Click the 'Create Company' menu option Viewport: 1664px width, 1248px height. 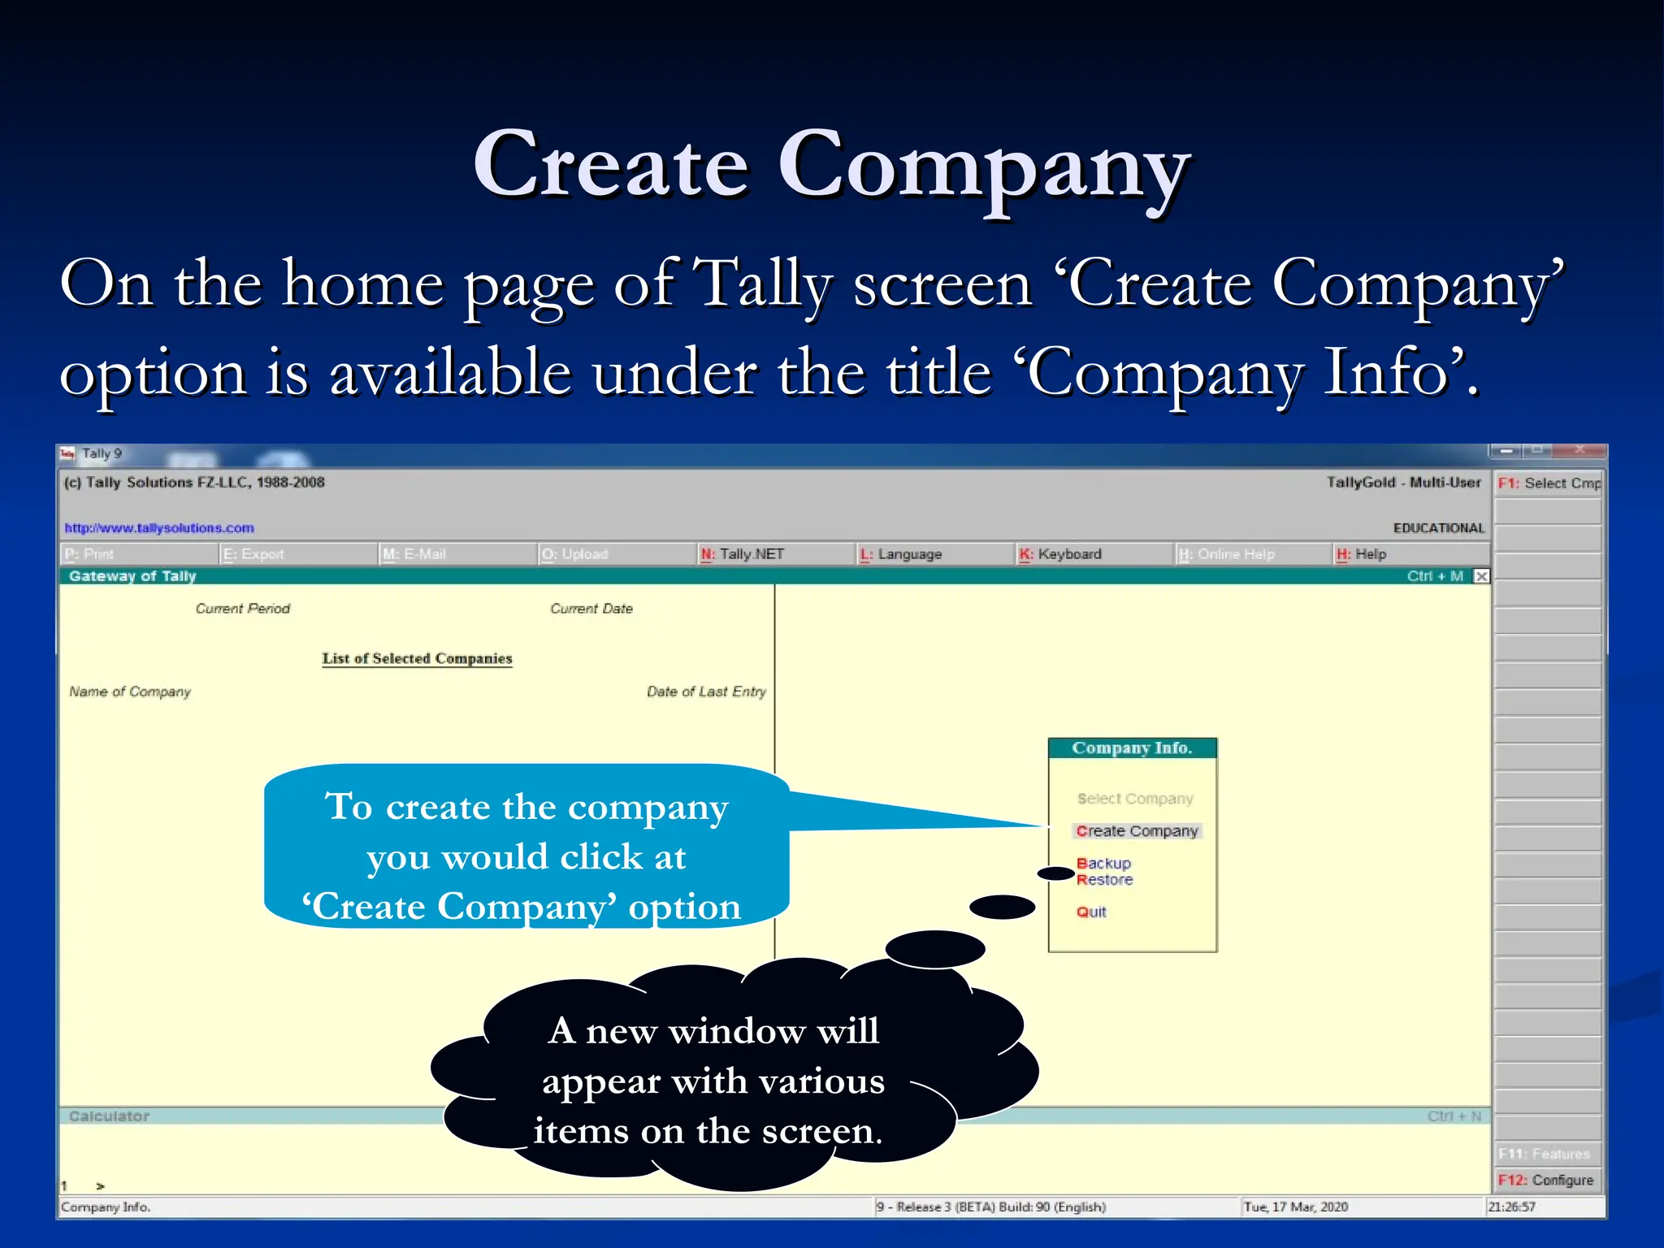[x=1136, y=831]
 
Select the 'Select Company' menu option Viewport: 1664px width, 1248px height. [x=1134, y=799]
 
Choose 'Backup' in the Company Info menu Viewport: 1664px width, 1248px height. [x=1103, y=863]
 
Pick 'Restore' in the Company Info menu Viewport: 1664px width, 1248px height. [x=1104, y=880]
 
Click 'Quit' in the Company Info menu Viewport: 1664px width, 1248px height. [x=1091, y=912]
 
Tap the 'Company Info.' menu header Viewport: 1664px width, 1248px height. [x=1132, y=748]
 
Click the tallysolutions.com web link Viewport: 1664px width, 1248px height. [x=159, y=528]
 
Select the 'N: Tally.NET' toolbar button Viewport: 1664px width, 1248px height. [x=743, y=554]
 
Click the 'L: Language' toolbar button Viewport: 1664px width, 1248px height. [x=901, y=554]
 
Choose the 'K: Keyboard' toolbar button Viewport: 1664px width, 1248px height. [x=1060, y=554]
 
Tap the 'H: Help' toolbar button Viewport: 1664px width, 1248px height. [x=1362, y=554]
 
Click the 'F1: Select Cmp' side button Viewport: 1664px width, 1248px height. [x=1549, y=483]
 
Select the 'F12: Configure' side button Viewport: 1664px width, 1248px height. [x=1545, y=1180]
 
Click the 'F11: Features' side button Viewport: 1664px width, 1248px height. [x=1544, y=1154]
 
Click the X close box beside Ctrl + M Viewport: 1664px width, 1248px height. [x=1482, y=576]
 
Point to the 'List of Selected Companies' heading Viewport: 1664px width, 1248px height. [x=417, y=658]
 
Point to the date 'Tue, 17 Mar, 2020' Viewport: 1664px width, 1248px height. [x=1295, y=1207]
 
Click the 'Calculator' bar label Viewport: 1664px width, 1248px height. [x=109, y=1116]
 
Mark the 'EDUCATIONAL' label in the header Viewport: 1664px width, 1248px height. [x=1438, y=528]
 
